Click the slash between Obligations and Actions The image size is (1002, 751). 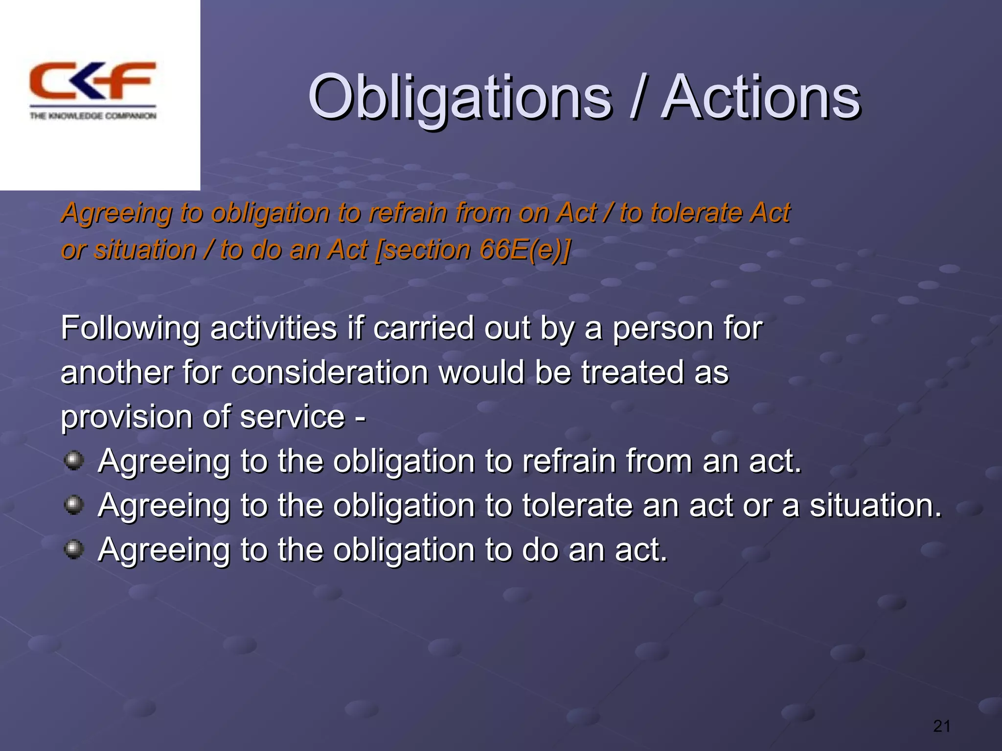click(636, 98)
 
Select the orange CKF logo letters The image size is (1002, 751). click(92, 81)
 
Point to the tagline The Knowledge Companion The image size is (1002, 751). click(93, 116)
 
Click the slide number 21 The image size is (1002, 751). click(941, 727)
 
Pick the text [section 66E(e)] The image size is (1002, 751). click(472, 250)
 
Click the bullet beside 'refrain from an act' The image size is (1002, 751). click(74, 460)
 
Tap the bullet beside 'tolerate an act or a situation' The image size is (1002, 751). click(74, 505)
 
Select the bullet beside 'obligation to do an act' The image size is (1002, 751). click(74, 549)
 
